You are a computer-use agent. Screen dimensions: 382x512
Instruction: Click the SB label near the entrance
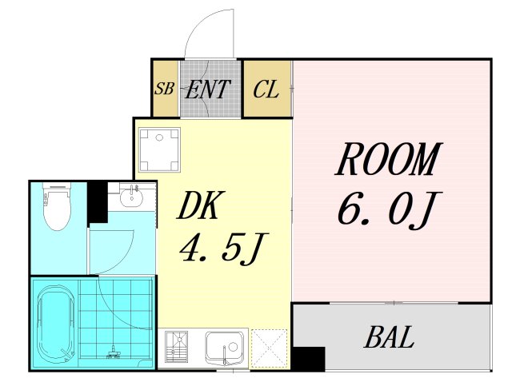[165, 89]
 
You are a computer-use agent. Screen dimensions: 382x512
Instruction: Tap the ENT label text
[208, 89]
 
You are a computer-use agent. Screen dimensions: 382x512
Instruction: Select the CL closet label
[266, 89]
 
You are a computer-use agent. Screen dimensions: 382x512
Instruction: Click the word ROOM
[389, 161]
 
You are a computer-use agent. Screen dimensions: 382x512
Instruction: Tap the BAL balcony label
[390, 338]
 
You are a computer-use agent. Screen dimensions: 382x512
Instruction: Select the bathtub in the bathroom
[55, 323]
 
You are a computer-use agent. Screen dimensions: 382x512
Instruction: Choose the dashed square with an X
[269, 348]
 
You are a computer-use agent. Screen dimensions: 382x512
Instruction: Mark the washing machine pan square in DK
[160, 150]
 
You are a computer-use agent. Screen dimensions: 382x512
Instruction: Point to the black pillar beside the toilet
[97, 202]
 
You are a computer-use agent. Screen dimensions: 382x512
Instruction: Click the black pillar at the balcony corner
[307, 359]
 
